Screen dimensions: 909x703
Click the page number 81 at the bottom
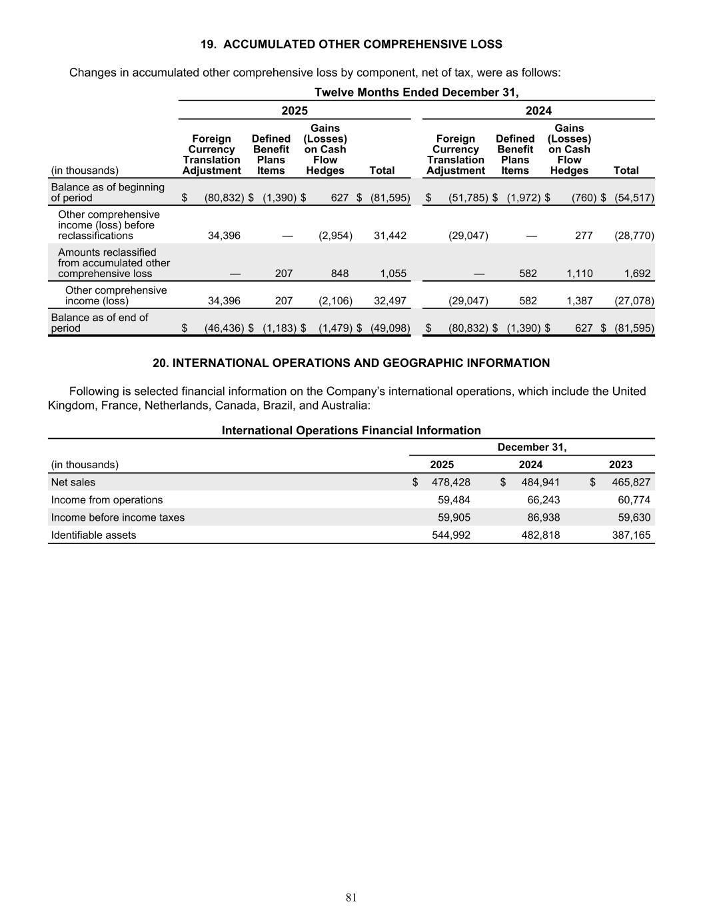(351, 897)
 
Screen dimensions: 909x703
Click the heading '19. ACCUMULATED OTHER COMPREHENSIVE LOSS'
(351, 45)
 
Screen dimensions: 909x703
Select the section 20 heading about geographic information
(351, 363)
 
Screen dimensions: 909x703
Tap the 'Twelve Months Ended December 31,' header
(416, 92)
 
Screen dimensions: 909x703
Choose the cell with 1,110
(579, 273)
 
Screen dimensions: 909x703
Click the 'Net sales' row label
(73, 482)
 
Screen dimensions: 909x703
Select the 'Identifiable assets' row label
(93, 535)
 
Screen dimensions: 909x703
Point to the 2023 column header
(620, 464)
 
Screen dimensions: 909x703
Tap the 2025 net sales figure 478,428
(451, 482)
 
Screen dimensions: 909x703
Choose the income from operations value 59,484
(451, 499)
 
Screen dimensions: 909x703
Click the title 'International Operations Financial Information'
(351, 430)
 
